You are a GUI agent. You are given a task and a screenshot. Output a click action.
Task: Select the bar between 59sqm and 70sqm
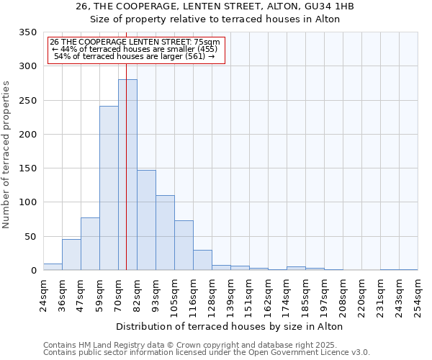(x=109, y=189)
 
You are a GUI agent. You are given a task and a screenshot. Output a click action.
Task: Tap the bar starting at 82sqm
(x=146, y=220)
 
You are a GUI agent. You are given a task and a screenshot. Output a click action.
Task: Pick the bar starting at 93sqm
(x=165, y=233)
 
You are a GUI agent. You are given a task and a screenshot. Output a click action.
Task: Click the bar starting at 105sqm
(x=184, y=246)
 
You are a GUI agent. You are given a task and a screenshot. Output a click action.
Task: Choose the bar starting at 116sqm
(x=202, y=260)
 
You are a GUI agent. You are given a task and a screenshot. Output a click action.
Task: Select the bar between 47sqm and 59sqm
(x=90, y=244)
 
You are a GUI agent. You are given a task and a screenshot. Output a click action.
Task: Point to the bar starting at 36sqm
(x=71, y=255)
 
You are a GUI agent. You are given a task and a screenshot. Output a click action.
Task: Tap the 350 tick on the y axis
(x=27, y=32)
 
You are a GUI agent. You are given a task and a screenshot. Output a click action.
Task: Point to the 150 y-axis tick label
(x=27, y=168)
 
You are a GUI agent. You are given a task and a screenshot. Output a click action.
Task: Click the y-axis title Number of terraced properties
(x=7, y=155)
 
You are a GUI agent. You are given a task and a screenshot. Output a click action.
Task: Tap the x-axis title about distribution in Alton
(x=229, y=326)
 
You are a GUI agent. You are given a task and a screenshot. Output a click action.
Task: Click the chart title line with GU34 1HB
(x=215, y=6)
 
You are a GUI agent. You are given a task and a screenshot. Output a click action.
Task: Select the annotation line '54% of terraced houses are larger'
(x=134, y=56)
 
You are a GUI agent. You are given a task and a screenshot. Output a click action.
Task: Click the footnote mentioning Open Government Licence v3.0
(x=207, y=353)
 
